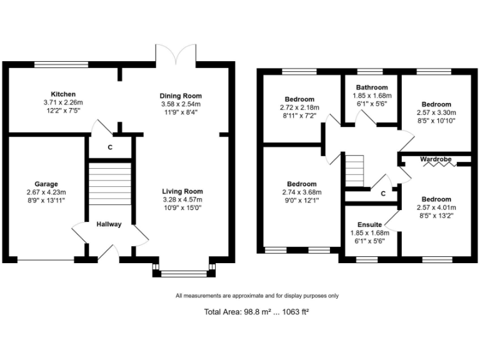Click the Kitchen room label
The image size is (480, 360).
click(63, 94)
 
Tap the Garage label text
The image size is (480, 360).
click(46, 184)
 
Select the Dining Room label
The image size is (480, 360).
click(181, 96)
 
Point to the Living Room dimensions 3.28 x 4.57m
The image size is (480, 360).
click(182, 199)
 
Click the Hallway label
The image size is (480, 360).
click(109, 224)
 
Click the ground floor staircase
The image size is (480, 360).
click(110, 184)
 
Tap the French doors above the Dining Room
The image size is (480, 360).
click(176, 54)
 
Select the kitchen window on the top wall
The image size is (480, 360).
click(61, 64)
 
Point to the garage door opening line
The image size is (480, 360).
click(46, 261)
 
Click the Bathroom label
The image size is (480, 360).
click(372, 87)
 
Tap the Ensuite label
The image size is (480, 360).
click(370, 224)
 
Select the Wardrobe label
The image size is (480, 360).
click(436, 159)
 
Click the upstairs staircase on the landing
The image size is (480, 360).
click(354, 171)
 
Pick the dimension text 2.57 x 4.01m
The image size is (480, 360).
click(436, 207)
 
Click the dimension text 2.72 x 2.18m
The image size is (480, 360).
click(299, 107)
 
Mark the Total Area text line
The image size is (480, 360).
click(256, 312)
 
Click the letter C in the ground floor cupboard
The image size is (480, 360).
click(110, 147)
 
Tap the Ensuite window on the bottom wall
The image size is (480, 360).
click(367, 259)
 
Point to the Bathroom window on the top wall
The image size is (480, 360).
click(370, 72)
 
